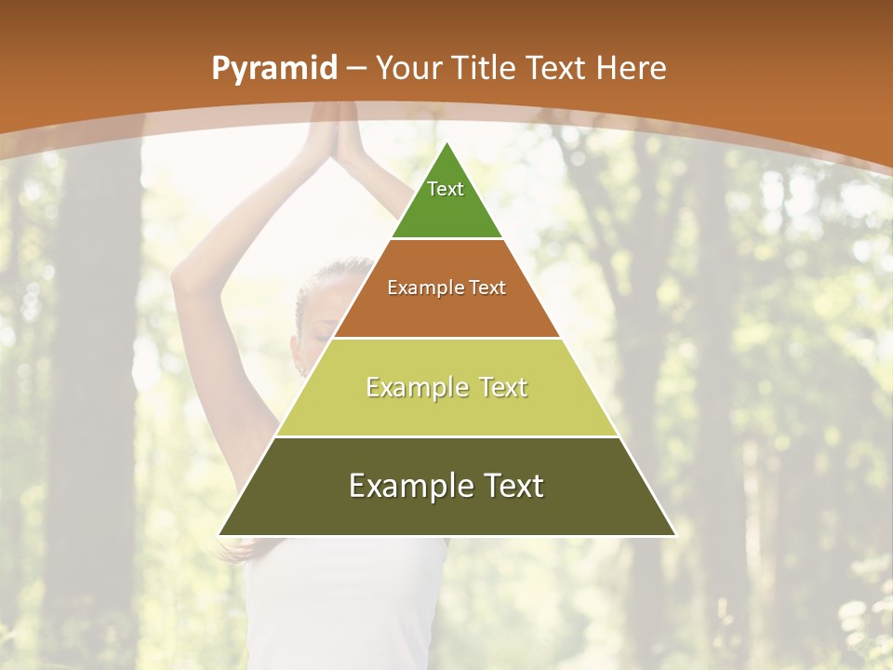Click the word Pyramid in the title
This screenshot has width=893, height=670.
pyautogui.click(x=273, y=68)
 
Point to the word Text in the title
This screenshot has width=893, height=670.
pyautogui.click(x=556, y=68)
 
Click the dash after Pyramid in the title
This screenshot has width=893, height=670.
pyautogui.click(x=355, y=69)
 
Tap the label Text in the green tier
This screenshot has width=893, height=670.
pyautogui.click(x=446, y=189)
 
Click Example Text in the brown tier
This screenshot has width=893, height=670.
pyautogui.click(x=446, y=288)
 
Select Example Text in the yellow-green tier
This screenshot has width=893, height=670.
pyautogui.click(x=446, y=387)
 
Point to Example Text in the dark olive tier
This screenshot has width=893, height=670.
pyautogui.click(x=446, y=486)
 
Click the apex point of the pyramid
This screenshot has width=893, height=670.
pyautogui.click(x=446, y=141)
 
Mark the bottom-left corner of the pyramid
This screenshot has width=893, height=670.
pyautogui.click(x=220, y=535)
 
